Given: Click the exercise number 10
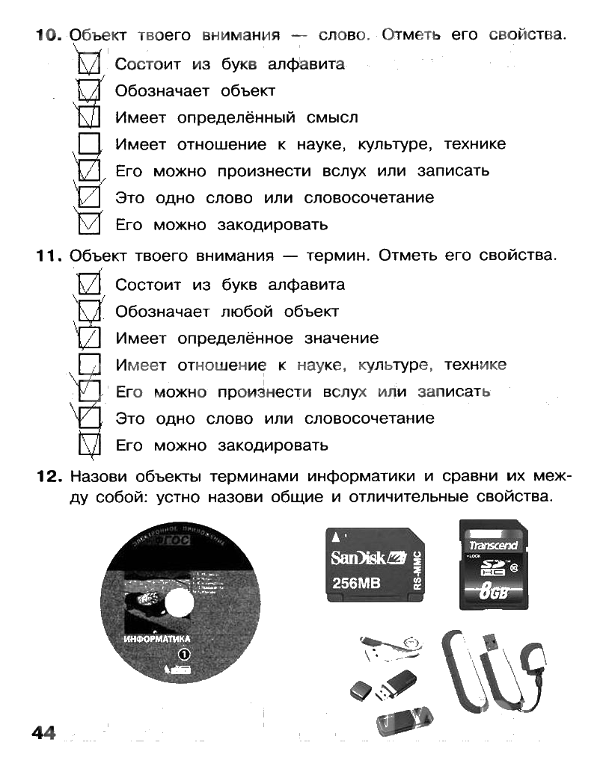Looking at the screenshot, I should point(46,35).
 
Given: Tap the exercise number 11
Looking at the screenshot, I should point(46,256).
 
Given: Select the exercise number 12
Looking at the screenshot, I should point(46,476).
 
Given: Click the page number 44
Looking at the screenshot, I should point(44,732).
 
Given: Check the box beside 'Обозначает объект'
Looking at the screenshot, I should point(90,91).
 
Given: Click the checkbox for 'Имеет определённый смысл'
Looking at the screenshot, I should point(90,118).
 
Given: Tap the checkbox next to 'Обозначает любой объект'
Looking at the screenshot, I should point(90,312).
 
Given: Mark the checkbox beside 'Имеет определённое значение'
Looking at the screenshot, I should point(90,339).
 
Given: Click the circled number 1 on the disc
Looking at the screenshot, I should point(183,655).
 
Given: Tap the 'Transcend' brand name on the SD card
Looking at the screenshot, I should point(493,545).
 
